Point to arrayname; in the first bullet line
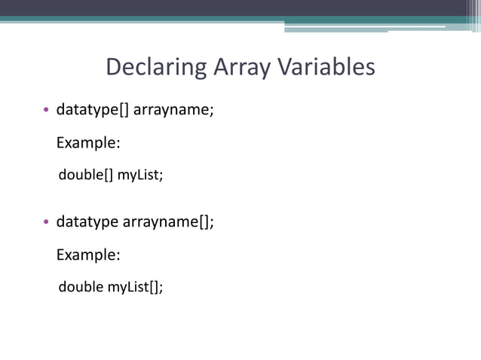coord(173,110)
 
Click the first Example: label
coord(89,143)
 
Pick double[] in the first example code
coord(86,175)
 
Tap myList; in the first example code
coord(139,175)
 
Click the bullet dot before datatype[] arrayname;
coord(46,111)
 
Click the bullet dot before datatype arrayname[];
coord(46,222)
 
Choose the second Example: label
coord(89,255)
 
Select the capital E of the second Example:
coord(61,255)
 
